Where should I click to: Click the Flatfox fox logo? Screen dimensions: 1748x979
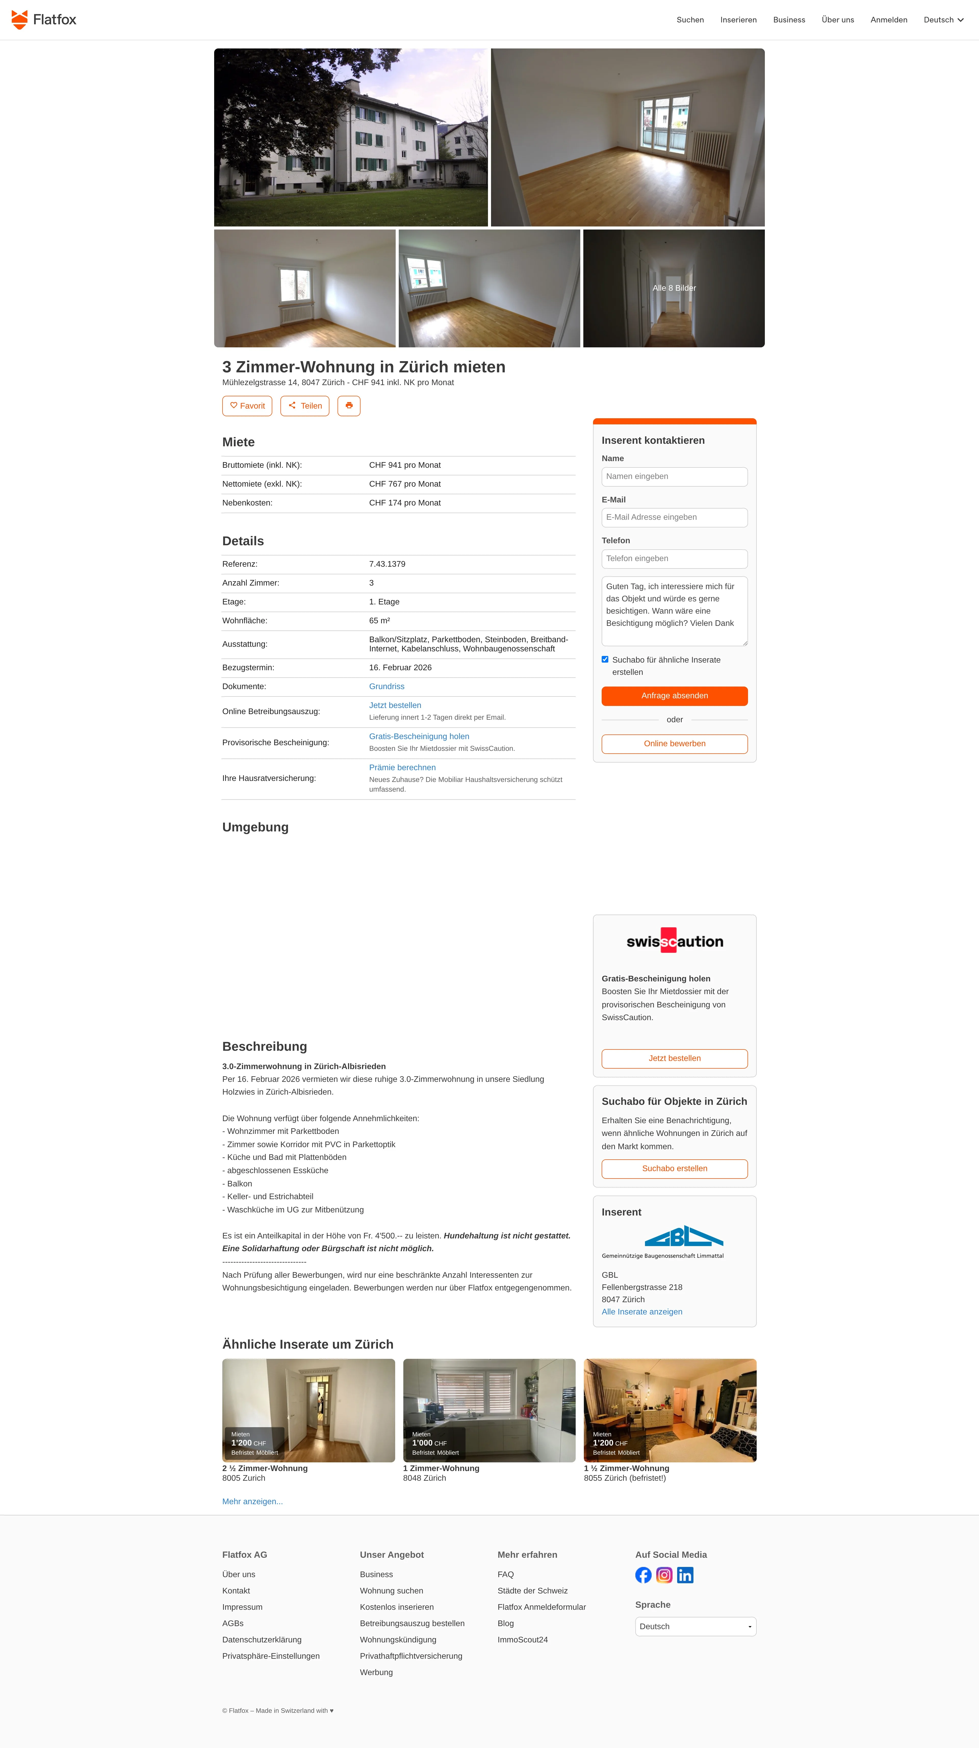point(20,20)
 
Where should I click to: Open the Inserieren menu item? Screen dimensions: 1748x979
point(738,20)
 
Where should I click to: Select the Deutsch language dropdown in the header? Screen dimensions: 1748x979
point(943,20)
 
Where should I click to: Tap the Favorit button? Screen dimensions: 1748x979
point(247,406)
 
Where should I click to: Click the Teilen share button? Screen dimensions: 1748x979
point(305,406)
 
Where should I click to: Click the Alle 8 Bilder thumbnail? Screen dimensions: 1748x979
point(674,288)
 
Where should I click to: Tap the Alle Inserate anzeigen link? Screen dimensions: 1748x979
point(642,1312)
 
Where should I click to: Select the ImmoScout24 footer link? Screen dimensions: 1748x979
point(522,1639)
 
